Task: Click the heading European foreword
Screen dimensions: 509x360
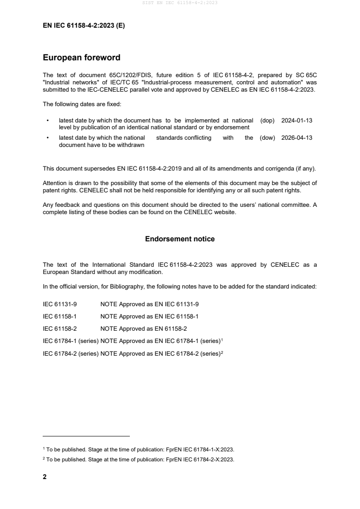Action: point(81,58)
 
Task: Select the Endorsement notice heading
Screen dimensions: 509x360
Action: point(180,239)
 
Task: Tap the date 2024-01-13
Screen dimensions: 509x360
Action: point(297,121)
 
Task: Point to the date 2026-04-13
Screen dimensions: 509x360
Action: point(297,138)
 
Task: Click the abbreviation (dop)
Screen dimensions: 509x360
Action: point(268,121)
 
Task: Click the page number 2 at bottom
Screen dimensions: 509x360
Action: point(44,477)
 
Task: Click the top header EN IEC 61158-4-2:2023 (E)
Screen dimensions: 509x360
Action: point(84,26)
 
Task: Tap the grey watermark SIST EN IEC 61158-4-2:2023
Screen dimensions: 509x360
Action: point(180,3)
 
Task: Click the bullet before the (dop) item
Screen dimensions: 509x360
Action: point(47,121)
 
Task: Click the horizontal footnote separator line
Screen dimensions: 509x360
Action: point(86,436)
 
